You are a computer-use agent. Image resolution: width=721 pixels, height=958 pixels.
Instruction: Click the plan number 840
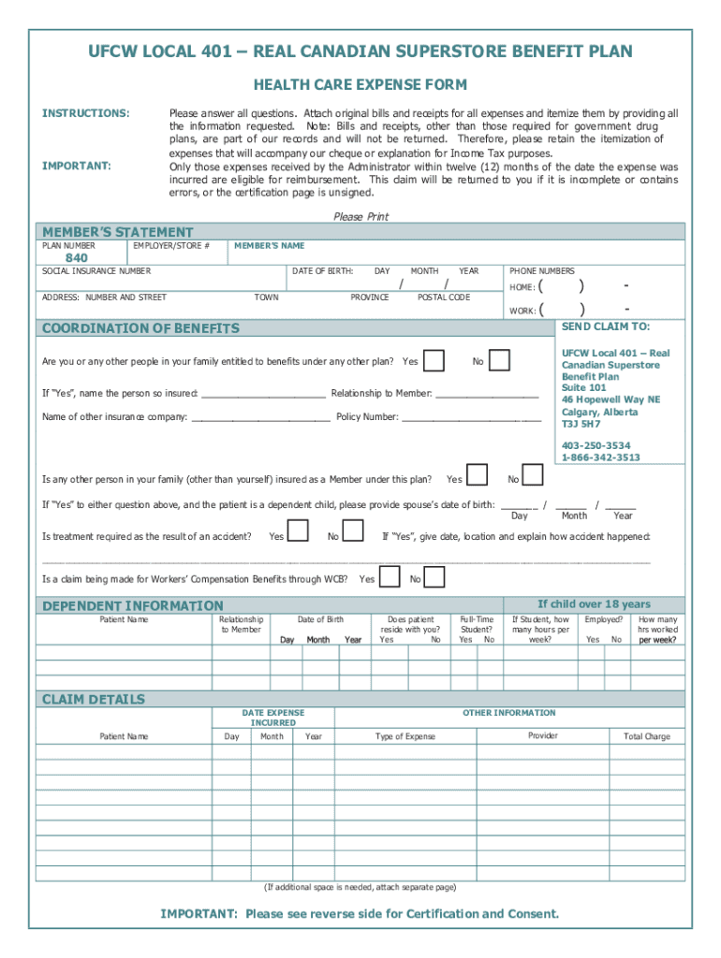[76, 258]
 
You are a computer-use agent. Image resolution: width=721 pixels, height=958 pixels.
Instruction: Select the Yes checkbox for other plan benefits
[434, 361]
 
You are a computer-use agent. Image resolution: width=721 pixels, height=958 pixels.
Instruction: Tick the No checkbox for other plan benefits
[500, 361]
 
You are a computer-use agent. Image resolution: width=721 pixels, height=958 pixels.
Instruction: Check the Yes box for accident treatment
[298, 532]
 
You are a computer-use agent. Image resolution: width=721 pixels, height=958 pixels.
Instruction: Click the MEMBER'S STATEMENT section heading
[118, 232]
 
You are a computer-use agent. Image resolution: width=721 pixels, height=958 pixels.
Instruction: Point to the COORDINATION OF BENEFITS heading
[140, 328]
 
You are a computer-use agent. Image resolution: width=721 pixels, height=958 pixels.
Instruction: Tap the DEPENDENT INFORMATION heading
[133, 605]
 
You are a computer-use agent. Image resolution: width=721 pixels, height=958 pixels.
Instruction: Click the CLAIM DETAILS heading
[94, 699]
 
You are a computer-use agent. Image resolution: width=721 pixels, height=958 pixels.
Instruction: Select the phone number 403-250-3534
[596, 445]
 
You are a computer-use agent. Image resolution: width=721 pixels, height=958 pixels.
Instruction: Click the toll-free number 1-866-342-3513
[600, 457]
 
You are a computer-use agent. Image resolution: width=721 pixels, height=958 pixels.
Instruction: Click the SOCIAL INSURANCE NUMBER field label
[96, 271]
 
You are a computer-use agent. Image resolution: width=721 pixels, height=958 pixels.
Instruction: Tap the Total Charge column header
[647, 736]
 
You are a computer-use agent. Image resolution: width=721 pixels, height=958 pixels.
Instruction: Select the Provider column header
[542, 735]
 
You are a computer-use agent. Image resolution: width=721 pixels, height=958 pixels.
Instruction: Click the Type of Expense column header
[405, 736]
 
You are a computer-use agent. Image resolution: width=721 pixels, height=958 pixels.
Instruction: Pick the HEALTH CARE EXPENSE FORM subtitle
[360, 85]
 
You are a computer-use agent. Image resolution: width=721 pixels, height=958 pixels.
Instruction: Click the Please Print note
[360, 216]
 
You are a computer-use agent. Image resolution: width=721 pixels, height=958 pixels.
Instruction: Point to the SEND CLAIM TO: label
[605, 327]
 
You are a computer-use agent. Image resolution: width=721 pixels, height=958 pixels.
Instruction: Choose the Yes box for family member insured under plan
[477, 476]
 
